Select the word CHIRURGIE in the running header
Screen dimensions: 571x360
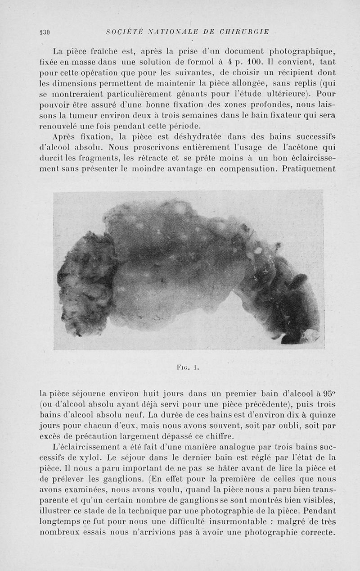click(244, 32)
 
